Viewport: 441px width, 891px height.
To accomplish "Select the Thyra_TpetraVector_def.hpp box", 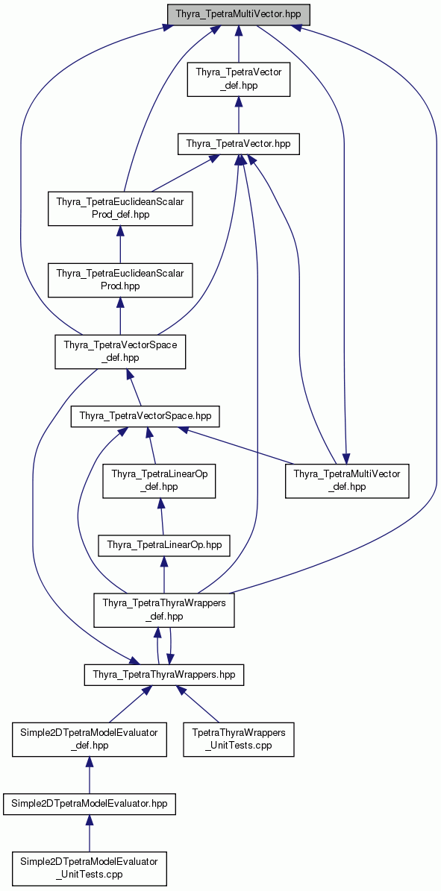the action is tap(239, 80).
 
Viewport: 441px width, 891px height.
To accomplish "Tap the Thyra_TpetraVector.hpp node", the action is tap(239, 145).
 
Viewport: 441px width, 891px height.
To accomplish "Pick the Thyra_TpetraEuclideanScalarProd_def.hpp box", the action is tap(119, 208).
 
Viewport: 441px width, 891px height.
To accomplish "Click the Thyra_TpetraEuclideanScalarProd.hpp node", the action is tap(119, 280).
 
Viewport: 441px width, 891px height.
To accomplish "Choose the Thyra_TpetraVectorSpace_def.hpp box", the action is tap(120, 352).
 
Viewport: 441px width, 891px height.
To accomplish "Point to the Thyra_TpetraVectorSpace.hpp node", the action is tap(145, 417).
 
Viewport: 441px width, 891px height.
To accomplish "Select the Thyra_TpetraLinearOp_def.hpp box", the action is tap(159, 481).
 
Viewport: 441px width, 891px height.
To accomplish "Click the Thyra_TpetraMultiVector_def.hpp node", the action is tap(346, 481).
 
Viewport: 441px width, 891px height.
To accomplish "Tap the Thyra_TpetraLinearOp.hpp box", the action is tap(164, 546).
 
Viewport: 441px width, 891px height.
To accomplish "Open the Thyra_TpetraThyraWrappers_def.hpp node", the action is tap(164, 610).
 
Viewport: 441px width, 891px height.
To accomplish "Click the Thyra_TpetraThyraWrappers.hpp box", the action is tap(164, 675).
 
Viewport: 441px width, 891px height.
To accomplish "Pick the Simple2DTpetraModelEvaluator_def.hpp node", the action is tap(90, 739).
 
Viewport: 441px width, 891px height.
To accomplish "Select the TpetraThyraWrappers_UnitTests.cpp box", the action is tap(239, 739).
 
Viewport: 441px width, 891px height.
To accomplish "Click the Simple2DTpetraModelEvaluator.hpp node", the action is tap(90, 804).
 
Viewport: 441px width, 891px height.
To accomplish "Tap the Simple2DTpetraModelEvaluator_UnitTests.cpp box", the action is tap(90, 868).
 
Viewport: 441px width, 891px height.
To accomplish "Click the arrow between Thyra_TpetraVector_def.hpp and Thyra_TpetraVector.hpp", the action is tap(239, 116).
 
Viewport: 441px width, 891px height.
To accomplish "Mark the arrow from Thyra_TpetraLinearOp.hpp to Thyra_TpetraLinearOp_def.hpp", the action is tap(162, 517).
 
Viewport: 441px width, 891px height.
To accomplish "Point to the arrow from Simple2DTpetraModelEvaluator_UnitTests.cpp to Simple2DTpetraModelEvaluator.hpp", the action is tap(90, 833).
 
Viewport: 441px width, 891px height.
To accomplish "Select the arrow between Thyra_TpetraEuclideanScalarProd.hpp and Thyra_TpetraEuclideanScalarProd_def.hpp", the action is tap(119, 245).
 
